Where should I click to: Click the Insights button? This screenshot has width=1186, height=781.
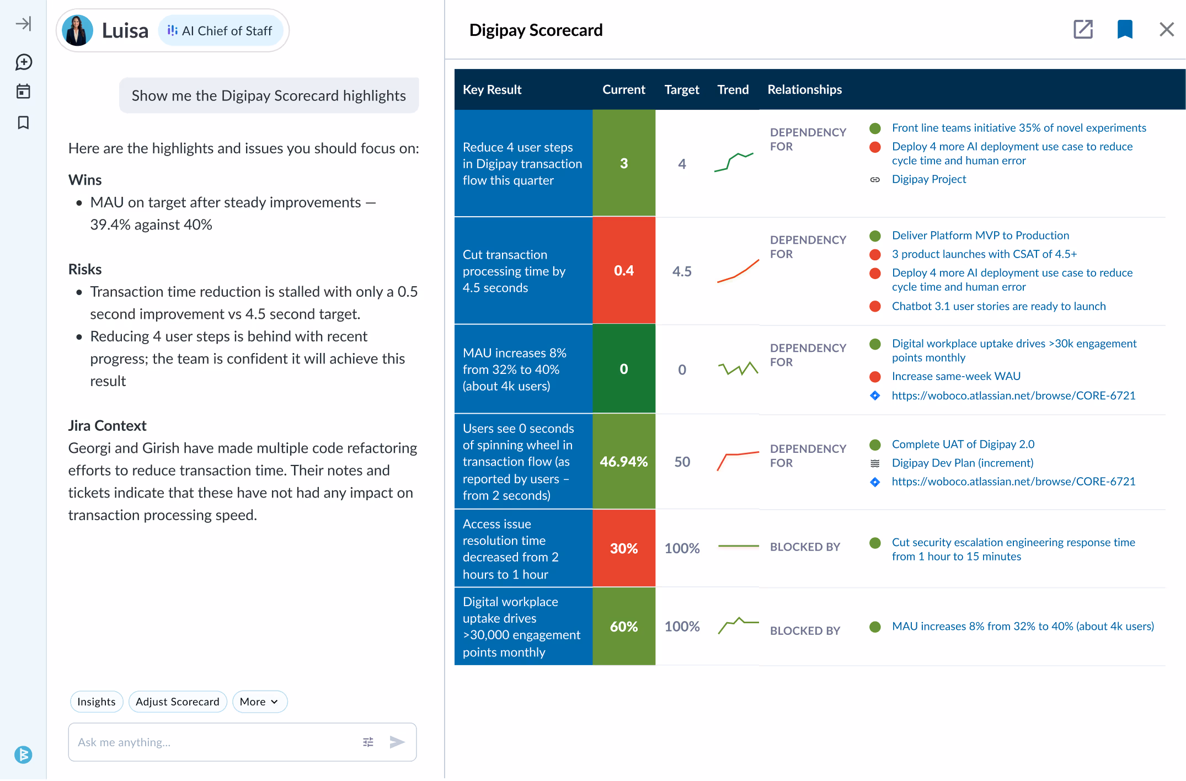click(x=97, y=702)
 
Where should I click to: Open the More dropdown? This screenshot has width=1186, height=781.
click(x=259, y=702)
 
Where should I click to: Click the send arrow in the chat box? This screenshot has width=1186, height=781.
click(x=397, y=742)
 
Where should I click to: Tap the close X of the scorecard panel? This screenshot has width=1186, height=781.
click(x=1166, y=29)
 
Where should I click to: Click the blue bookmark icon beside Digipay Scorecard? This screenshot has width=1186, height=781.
click(x=1125, y=29)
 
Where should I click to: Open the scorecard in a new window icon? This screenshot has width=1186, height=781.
click(x=1083, y=29)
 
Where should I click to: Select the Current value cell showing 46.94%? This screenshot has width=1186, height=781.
click(x=624, y=462)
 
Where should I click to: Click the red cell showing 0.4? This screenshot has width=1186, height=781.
click(x=624, y=271)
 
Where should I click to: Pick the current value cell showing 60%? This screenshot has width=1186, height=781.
click(x=624, y=627)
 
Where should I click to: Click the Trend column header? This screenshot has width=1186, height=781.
click(x=733, y=89)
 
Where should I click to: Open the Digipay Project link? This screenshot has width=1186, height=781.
click(x=928, y=179)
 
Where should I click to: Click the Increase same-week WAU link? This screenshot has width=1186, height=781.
click(x=956, y=376)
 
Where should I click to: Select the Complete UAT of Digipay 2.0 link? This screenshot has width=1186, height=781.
click(x=963, y=444)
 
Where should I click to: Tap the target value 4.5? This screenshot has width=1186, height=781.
click(x=682, y=271)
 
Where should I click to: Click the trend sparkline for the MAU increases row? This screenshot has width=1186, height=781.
click(x=738, y=368)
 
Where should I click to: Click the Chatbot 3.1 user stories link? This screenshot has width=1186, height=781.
click(x=998, y=306)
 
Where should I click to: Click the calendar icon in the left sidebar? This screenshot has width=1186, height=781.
click(x=23, y=92)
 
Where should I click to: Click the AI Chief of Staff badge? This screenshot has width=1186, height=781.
click(x=221, y=31)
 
